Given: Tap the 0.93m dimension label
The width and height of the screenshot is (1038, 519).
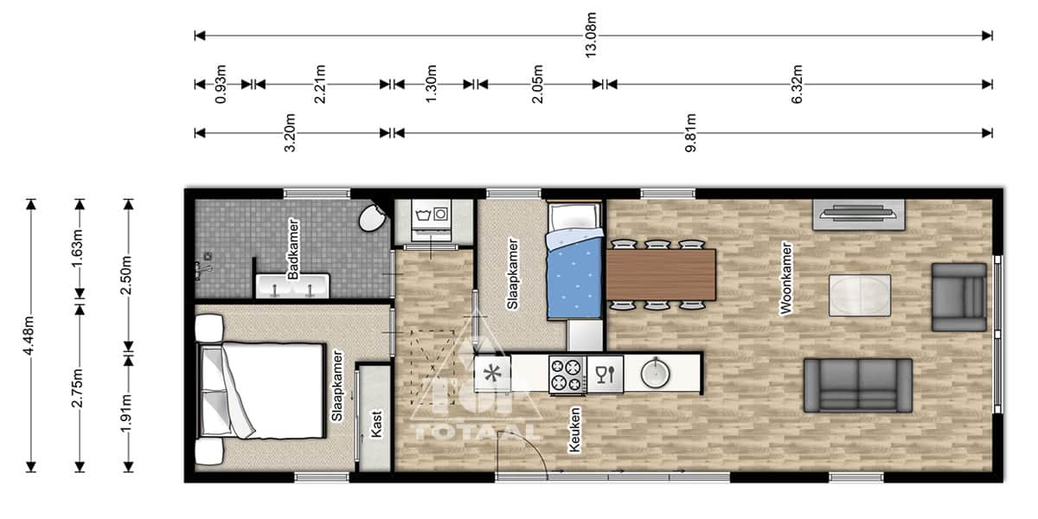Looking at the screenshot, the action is coord(221,85).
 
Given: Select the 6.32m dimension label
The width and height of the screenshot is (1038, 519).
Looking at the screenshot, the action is coord(796,85).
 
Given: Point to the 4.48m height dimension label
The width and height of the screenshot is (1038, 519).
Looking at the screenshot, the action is coord(29,336).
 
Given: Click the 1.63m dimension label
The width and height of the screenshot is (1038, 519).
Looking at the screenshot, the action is coord(77,249).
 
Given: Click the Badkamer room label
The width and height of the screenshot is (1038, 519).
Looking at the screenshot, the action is coord(293,249).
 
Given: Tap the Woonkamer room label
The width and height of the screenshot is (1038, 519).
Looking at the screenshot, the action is coord(786,279).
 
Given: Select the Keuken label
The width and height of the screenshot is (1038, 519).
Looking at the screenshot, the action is coord(574,429).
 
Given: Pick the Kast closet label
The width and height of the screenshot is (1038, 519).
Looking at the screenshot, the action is coord(376,424).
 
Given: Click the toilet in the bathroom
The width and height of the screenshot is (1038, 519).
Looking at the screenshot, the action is coord(373,218).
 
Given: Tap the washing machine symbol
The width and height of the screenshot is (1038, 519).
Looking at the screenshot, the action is coord(432,220).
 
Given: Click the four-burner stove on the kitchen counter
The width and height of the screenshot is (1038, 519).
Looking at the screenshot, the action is coord(567,375).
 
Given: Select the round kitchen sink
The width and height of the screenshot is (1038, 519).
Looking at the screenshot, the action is coord(656,373).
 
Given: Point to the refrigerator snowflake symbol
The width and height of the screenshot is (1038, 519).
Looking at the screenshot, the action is coord(492,374).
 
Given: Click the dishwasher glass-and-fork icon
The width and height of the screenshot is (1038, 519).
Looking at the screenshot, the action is coord(605,375).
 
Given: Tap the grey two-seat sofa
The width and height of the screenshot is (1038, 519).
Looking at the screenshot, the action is coord(858,386).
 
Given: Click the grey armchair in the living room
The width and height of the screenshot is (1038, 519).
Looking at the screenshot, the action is coord(958,298).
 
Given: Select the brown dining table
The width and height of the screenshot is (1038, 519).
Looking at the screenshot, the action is coord(661,275).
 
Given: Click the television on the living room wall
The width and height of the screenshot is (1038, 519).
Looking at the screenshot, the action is coord(859,214).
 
